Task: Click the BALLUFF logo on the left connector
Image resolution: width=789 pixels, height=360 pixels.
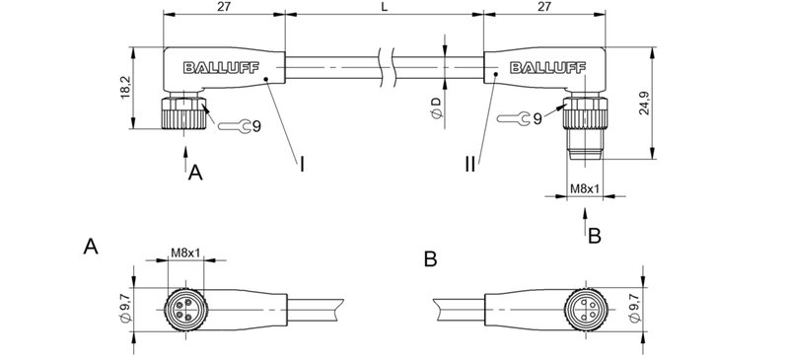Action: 214,67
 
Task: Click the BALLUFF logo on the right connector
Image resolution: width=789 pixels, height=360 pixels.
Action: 544,67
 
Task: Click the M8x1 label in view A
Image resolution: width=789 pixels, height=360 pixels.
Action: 184,253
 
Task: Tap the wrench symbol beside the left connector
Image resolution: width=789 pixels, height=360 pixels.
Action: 230,125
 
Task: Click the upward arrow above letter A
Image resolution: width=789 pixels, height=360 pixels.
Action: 186,155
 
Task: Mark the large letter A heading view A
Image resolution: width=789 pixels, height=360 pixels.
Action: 92,246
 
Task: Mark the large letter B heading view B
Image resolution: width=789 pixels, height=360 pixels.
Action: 430,259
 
